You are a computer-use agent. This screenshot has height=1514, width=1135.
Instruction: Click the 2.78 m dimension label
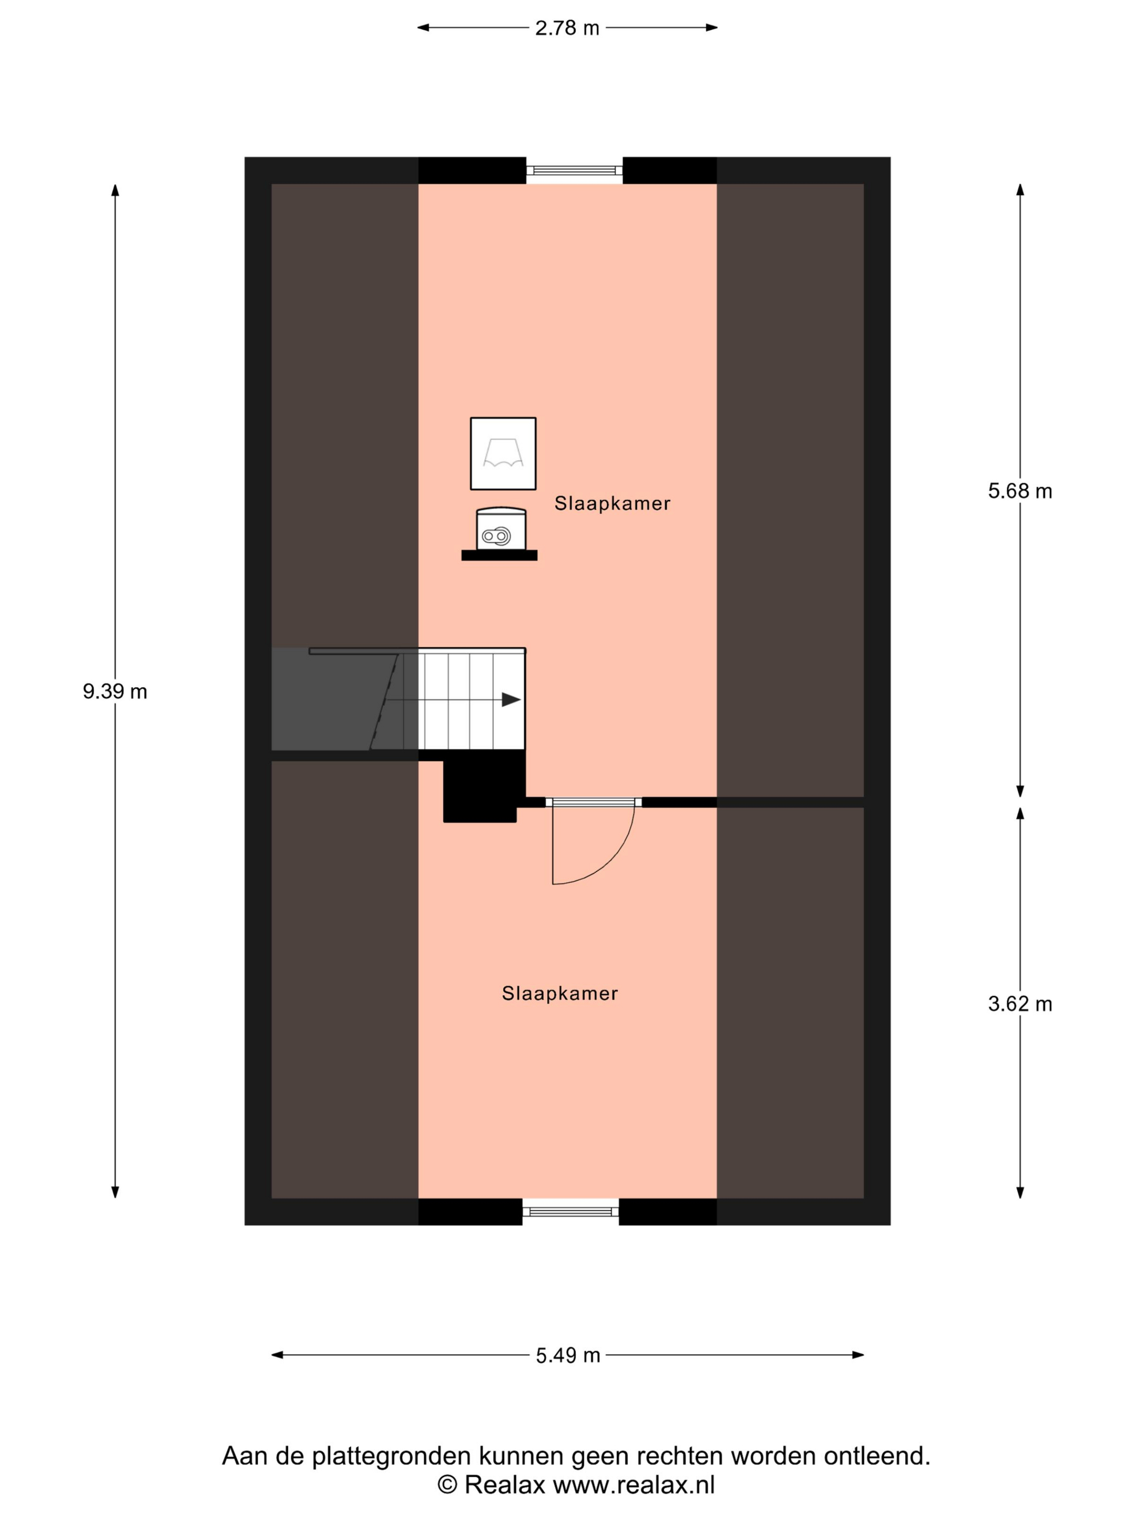pyautogui.click(x=566, y=28)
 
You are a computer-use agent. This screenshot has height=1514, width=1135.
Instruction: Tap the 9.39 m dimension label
pyautogui.click(x=115, y=691)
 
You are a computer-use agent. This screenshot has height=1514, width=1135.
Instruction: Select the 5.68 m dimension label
pyautogui.click(x=1019, y=491)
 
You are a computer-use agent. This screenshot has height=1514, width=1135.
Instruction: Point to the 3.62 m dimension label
pyautogui.click(x=1019, y=1004)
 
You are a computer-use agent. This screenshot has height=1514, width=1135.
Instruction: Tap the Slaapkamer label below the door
pyautogui.click(x=559, y=993)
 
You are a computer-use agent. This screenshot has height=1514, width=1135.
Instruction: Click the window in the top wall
pyautogui.click(x=574, y=170)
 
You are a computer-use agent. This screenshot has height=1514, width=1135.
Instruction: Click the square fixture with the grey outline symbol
pyautogui.click(x=503, y=453)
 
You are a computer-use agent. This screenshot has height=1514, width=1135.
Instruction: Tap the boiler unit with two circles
pyautogui.click(x=501, y=528)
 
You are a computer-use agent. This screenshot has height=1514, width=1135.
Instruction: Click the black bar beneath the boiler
pyautogui.click(x=499, y=555)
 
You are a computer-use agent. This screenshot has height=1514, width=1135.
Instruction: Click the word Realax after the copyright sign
pyautogui.click(x=505, y=1485)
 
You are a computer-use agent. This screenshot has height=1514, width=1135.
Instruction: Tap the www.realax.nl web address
pyautogui.click(x=633, y=1485)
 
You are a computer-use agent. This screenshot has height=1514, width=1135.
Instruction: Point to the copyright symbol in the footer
pyautogui.click(x=447, y=1485)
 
